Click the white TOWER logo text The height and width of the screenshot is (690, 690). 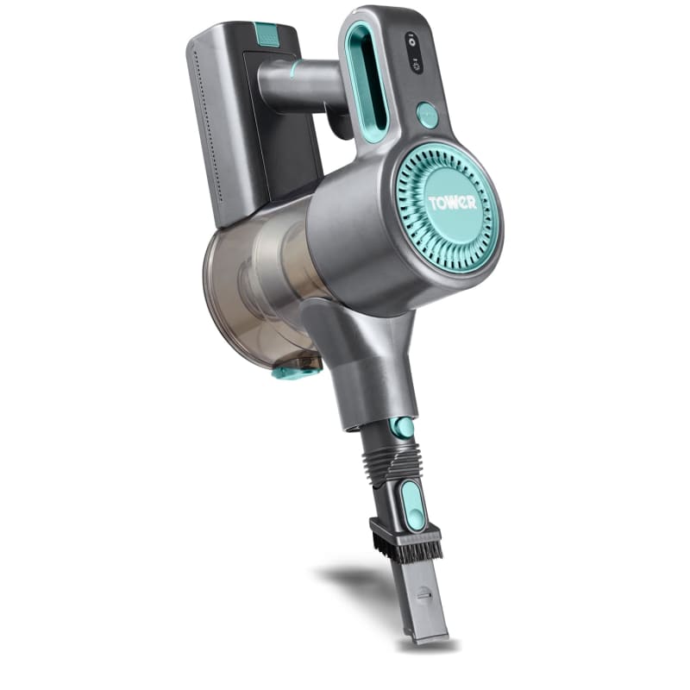[451, 204]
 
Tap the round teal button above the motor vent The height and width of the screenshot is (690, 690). [427, 116]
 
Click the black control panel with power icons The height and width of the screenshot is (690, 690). [415, 53]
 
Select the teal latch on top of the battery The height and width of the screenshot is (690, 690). [267, 34]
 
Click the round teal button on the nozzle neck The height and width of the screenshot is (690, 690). [401, 427]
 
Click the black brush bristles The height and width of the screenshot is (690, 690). [406, 548]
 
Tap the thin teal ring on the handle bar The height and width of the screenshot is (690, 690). [295, 70]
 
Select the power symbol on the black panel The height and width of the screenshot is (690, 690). [412, 40]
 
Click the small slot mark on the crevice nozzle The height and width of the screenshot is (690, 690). [422, 594]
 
